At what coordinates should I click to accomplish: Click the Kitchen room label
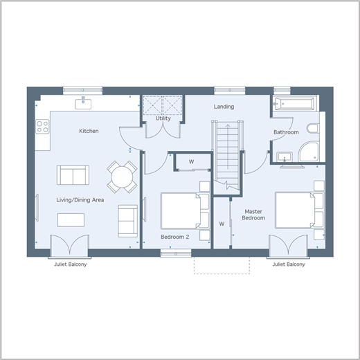click(x=89, y=131)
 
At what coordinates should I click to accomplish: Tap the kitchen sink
click(x=83, y=104)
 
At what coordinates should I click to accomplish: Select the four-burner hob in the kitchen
click(x=42, y=127)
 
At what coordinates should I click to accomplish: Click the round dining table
click(x=122, y=177)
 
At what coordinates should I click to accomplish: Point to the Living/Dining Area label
click(x=80, y=200)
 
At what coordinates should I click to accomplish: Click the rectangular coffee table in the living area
click(x=71, y=220)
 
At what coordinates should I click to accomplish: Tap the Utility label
click(x=163, y=118)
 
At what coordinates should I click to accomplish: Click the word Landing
click(x=224, y=107)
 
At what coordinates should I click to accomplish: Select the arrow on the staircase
click(x=228, y=147)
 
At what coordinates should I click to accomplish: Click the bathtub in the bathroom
click(x=294, y=104)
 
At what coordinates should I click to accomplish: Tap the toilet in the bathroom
click(x=313, y=129)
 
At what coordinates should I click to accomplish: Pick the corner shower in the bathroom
click(x=309, y=152)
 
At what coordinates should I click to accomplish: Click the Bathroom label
click(x=286, y=132)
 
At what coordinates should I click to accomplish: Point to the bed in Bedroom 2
click(x=185, y=211)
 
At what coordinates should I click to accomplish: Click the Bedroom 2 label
click(x=175, y=237)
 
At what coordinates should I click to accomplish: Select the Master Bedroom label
click(x=253, y=215)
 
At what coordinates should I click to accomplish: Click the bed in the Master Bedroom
click(x=300, y=210)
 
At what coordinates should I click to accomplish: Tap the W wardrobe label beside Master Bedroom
click(x=222, y=224)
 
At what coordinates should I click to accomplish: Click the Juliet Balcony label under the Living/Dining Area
click(x=71, y=264)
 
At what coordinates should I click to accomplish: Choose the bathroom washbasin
click(x=285, y=157)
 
